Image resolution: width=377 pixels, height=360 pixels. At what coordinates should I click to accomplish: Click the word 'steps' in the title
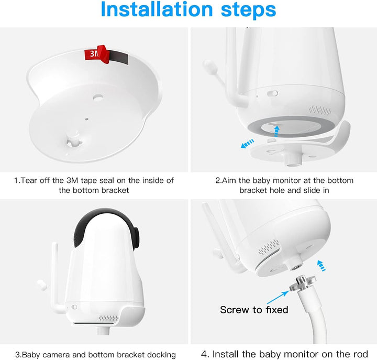(x=248, y=10)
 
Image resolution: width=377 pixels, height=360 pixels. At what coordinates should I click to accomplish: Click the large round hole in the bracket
(x=98, y=97)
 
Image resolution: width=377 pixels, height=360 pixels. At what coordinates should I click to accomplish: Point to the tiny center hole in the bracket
(x=87, y=119)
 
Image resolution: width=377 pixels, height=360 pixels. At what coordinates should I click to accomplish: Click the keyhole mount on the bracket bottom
(x=74, y=141)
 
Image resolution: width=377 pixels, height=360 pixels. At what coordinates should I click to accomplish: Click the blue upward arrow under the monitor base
(x=277, y=131)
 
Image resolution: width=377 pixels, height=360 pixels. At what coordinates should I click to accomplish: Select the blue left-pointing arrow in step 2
(x=247, y=144)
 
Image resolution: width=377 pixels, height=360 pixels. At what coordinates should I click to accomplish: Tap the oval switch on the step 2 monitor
(x=273, y=93)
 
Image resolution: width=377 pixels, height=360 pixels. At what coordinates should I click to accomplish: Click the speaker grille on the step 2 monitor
(x=320, y=110)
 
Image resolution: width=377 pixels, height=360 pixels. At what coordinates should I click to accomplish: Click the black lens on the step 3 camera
(x=136, y=238)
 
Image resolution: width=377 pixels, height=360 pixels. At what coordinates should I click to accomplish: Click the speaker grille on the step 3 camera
(x=109, y=318)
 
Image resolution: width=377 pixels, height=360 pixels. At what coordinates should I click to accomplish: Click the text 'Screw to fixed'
(x=254, y=310)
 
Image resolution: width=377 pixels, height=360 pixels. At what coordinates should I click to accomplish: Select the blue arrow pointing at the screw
(x=278, y=297)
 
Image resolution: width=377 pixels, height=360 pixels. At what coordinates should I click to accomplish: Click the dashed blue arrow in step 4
(x=321, y=266)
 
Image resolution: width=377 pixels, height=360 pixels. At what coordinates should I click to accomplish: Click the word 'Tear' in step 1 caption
(x=29, y=180)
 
